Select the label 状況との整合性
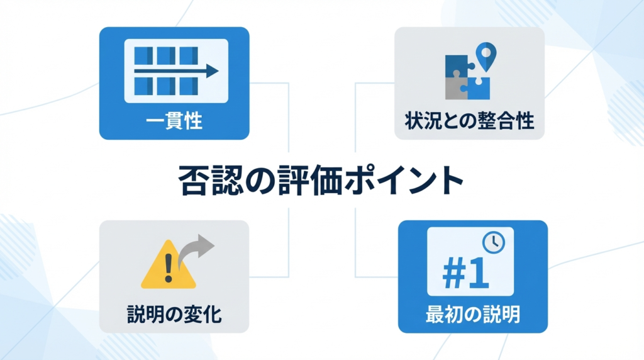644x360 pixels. click(x=469, y=120)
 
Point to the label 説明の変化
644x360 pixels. click(x=174, y=313)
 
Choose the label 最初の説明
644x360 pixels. click(x=473, y=313)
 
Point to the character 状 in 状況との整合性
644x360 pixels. click(x=413, y=120)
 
